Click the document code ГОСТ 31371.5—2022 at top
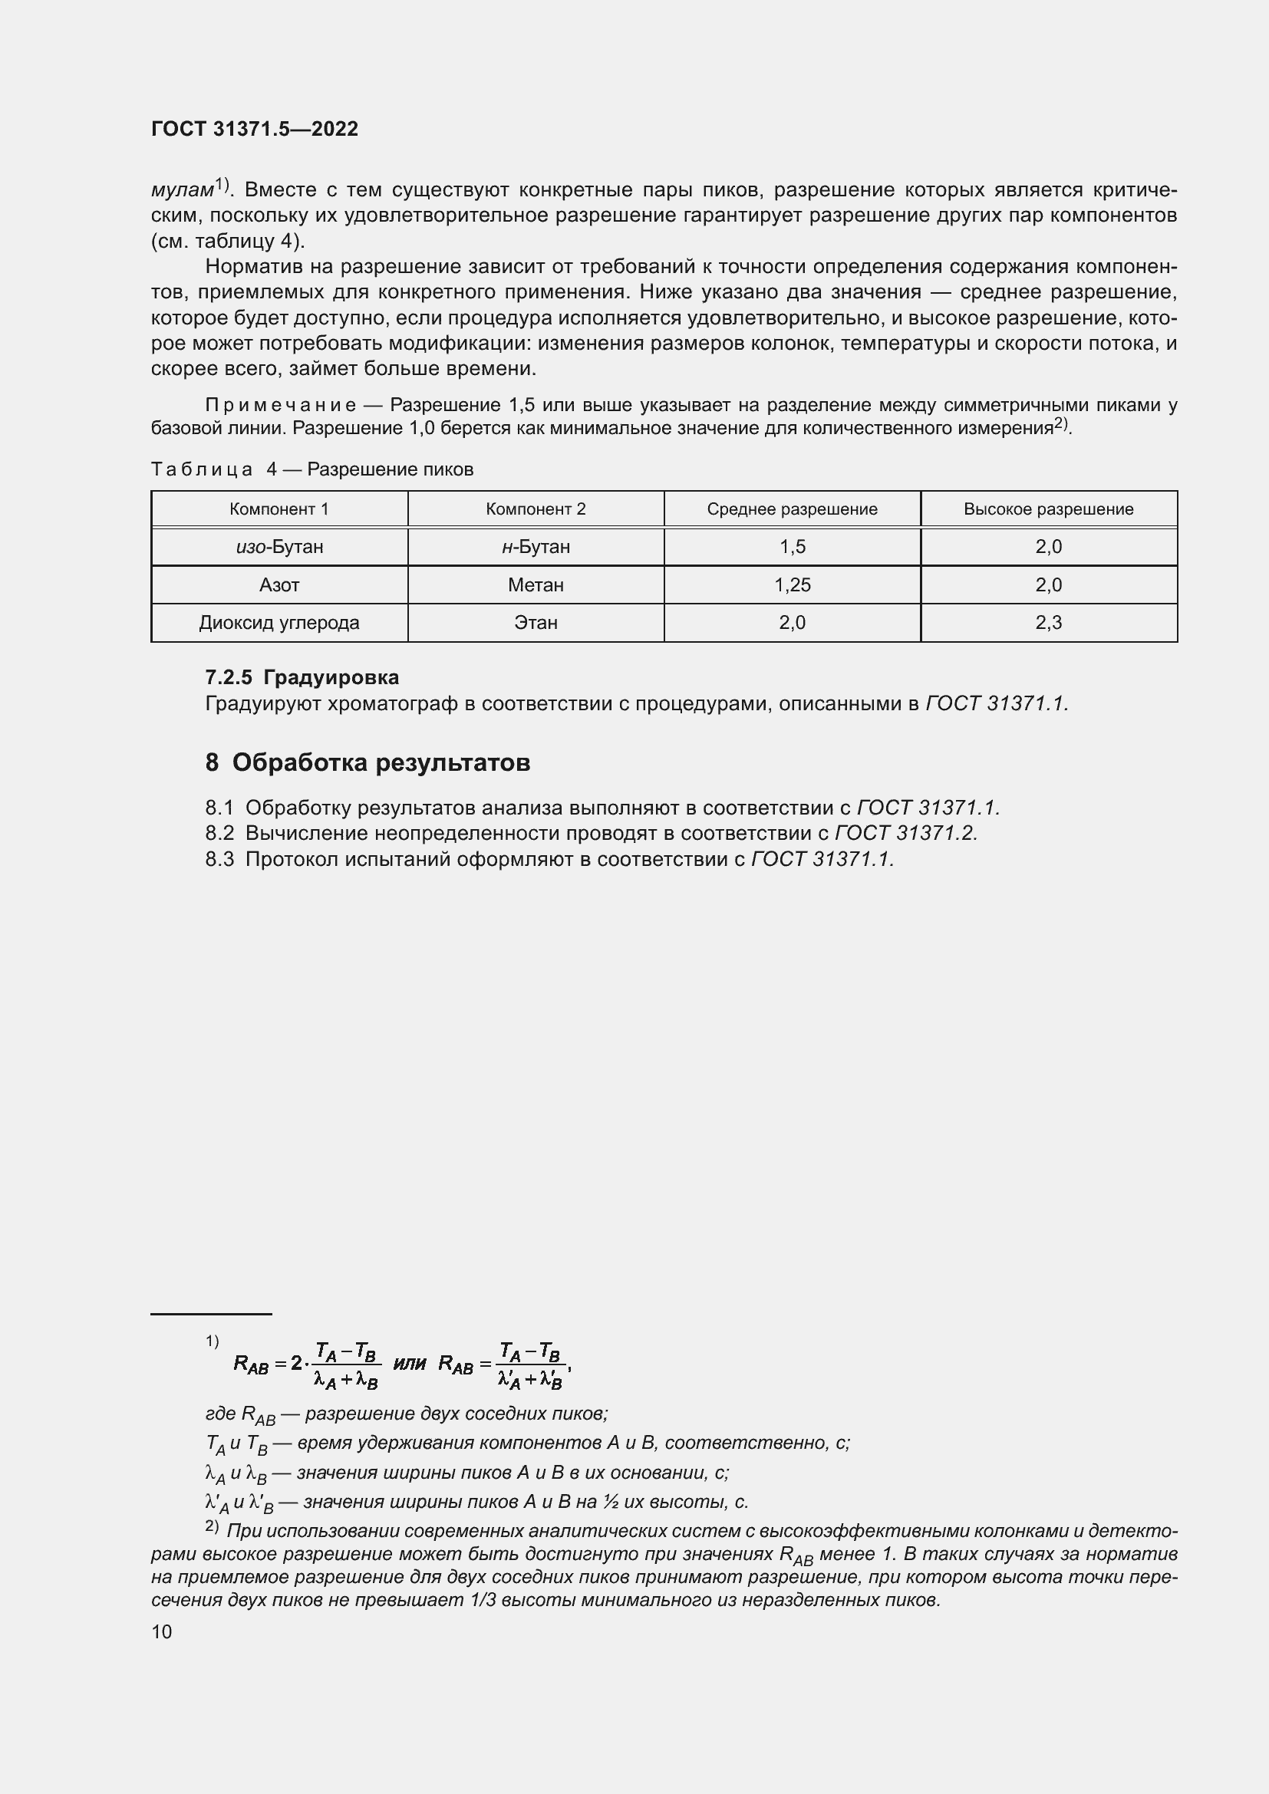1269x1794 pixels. pos(255,129)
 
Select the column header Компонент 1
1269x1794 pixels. pos(279,509)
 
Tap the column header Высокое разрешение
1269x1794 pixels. pos(1048,509)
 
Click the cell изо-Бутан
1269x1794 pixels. pos(279,547)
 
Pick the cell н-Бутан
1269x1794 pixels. pos(536,547)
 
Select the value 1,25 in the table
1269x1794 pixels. pos(792,585)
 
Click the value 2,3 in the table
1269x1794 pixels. pos(1048,623)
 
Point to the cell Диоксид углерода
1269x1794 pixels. pos(279,623)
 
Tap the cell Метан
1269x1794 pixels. pos(536,585)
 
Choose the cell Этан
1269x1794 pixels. pos(536,623)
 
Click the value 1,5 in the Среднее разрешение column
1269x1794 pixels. pos(792,547)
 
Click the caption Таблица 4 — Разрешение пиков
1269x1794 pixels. pos(311,469)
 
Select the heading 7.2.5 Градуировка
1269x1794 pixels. pos(302,676)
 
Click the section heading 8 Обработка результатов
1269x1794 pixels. pos(368,762)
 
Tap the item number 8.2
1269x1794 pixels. pos(219,833)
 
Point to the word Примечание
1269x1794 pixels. pos(281,406)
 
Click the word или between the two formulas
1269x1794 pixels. pos(410,1364)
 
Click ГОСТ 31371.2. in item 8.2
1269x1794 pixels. pos(905,833)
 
